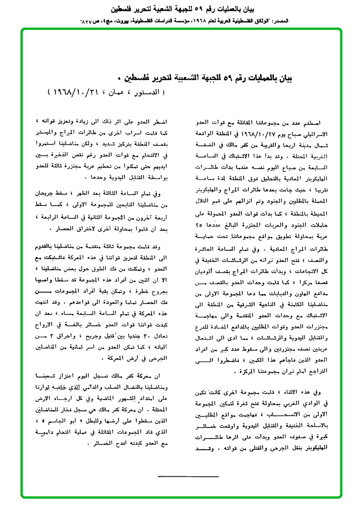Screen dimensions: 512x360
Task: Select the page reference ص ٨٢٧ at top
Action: click(89, 22)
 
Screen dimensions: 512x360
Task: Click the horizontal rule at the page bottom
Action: click(188, 475)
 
